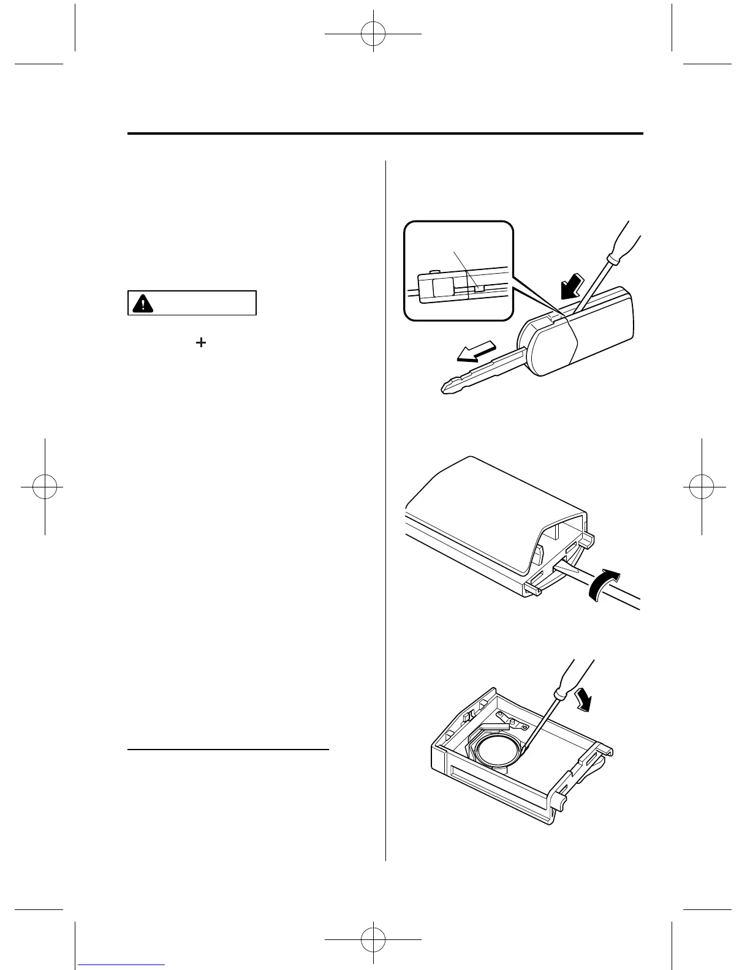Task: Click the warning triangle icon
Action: (x=143, y=303)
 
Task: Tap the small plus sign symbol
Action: (x=200, y=344)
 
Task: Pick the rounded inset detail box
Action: (x=458, y=270)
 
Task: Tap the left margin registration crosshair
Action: (x=45, y=486)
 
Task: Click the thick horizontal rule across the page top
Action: (x=385, y=133)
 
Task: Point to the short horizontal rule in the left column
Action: (x=229, y=749)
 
